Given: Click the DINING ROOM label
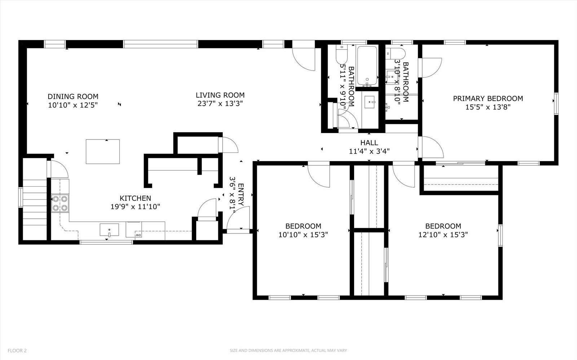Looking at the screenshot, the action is [x=73, y=97].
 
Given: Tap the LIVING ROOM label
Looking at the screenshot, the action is [x=220, y=95].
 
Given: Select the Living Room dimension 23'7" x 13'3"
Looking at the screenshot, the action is [x=220, y=104].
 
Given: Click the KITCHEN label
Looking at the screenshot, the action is [x=135, y=198].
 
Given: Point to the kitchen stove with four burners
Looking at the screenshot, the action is [x=60, y=203].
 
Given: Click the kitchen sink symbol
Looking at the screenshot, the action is [x=109, y=230].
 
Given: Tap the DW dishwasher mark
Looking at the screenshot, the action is [x=138, y=235].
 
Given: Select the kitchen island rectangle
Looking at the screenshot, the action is [x=103, y=151].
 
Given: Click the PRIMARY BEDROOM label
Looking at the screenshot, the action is [x=488, y=98].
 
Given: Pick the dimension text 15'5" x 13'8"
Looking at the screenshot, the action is [x=488, y=107].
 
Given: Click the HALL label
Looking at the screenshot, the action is [x=369, y=143].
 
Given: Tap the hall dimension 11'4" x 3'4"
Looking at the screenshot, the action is [x=369, y=151].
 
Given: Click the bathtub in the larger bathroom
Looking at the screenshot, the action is [x=367, y=66].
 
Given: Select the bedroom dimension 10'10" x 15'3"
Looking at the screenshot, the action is [x=303, y=235].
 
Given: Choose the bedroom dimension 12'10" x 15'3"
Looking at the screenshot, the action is [x=443, y=235].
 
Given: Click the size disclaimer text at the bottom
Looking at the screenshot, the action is [x=288, y=350].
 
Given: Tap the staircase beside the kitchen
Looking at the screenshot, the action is [x=35, y=209].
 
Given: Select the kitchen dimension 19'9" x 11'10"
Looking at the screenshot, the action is [x=135, y=207].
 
